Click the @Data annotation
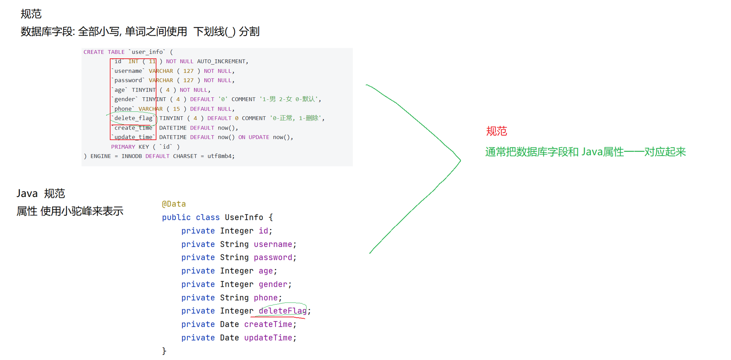(x=174, y=204)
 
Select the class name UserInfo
(x=244, y=217)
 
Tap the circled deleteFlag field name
(x=283, y=311)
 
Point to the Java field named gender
(x=273, y=284)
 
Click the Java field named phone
(x=266, y=298)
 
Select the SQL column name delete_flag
(x=133, y=118)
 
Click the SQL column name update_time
(x=133, y=137)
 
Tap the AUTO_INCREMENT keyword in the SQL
(x=221, y=61)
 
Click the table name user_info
(x=147, y=52)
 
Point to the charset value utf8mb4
(x=220, y=156)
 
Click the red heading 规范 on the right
(x=496, y=131)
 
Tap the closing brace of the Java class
(x=164, y=351)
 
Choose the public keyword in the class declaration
(x=176, y=217)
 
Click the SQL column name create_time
(x=133, y=128)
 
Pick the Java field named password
(x=273, y=257)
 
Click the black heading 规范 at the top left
(x=31, y=14)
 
